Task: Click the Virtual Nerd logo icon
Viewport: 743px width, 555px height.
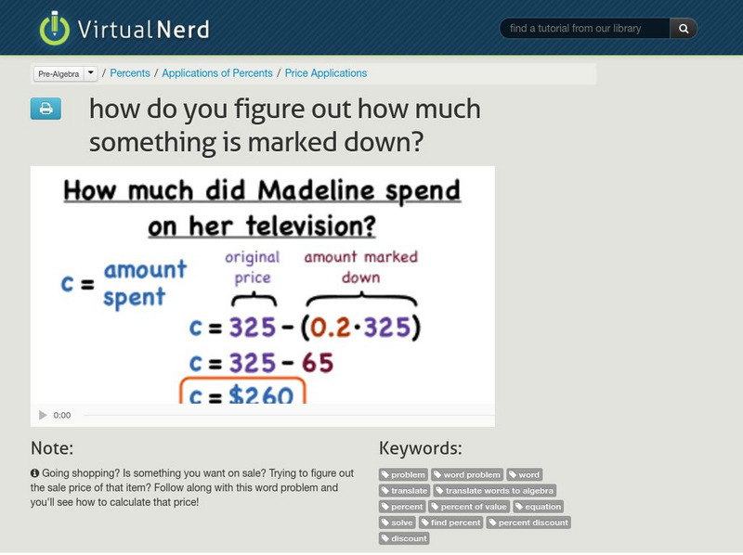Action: click(x=54, y=29)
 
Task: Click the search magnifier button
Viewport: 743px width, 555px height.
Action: click(x=684, y=29)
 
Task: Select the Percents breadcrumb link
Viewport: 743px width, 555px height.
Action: click(x=131, y=73)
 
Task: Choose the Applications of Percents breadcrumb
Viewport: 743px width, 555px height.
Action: click(x=217, y=73)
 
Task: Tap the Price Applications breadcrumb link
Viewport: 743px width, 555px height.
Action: click(x=326, y=73)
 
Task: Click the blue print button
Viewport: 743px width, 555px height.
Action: click(x=45, y=110)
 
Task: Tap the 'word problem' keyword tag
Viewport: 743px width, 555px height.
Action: click(x=467, y=475)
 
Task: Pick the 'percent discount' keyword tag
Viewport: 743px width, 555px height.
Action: click(x=528, y=523)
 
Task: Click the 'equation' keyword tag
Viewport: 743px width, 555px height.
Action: click(x=539, y=507)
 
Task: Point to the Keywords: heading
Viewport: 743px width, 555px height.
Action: click(x=421, y=448)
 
